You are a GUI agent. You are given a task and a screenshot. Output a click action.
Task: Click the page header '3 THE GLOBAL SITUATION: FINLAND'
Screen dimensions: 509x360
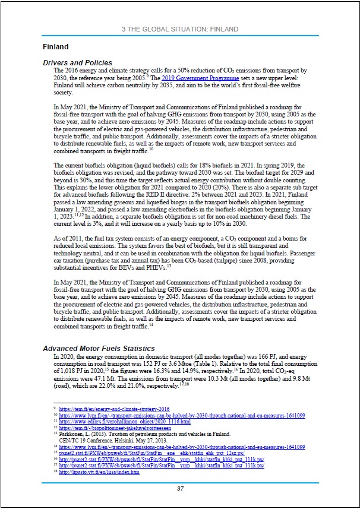179,29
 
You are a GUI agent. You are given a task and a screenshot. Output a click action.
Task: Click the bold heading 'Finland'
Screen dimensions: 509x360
56,46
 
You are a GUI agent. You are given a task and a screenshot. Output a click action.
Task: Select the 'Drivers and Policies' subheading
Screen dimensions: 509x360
78,63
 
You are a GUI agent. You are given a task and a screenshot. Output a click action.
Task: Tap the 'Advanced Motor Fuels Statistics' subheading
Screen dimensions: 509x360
99,348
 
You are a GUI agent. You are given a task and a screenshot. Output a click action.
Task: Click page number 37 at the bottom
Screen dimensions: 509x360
180,488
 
